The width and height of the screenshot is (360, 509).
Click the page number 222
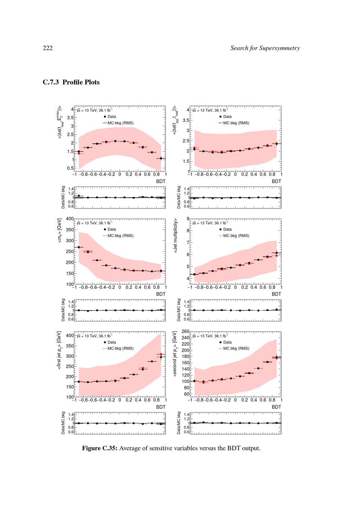pos(48,48)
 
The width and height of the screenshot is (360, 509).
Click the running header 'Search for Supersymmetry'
pos(265,48)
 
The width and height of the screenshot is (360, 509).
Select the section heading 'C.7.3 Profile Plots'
pos(71,82)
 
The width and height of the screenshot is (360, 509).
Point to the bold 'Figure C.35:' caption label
pos(100,449)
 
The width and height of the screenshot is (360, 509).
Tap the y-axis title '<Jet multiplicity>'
pos(176,235)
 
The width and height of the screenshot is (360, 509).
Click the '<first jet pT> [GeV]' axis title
pos(59,350)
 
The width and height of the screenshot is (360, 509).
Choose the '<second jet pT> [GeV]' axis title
pos(175,354)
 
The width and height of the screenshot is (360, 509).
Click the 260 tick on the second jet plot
pos(185,332)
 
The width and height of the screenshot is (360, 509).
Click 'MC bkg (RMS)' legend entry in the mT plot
pos(120,236)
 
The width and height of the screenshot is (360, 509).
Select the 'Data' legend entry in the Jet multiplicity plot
pos(227,229)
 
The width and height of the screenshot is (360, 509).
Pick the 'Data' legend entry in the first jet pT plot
pos(112,342)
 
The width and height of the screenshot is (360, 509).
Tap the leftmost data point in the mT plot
pos(78,247)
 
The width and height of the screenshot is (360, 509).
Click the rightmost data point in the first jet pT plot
pos(161,357)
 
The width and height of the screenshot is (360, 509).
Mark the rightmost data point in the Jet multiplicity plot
pos(276,253)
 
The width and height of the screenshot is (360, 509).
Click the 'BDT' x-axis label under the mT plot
pos(161,294)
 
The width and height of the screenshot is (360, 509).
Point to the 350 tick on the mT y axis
pos(69,230)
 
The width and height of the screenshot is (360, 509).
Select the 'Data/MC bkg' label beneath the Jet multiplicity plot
pos(179,310)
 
